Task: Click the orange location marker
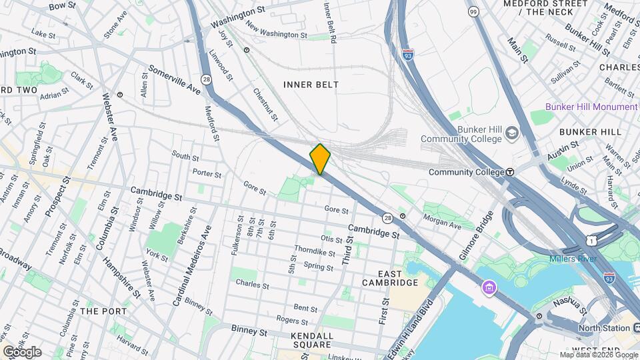(320, 159)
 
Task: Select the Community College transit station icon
(510, 172)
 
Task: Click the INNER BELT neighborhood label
(311, 85)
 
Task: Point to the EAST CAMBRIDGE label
(389, 278)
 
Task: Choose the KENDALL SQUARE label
(312, 340)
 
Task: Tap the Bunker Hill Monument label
(591, 107)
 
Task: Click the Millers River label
(571, 259)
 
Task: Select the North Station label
(604, 328)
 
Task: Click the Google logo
(22, 352)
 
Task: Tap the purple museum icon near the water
(490, 287)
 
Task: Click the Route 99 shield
(473, 12)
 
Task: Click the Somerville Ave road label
(174, 79)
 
